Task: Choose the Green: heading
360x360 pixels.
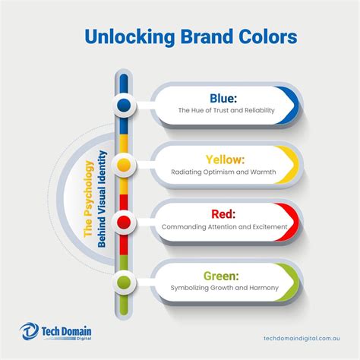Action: click(224, 276)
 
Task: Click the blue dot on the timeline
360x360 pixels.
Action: click(124, 103)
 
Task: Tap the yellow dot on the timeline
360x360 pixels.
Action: click(124, 163)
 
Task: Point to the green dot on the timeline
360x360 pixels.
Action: click(124, 283)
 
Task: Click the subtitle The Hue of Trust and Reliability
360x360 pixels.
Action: click(225, 110)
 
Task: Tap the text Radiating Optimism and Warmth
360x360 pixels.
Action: click(225, 172)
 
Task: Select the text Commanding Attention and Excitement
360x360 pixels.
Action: click(225, 228)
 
